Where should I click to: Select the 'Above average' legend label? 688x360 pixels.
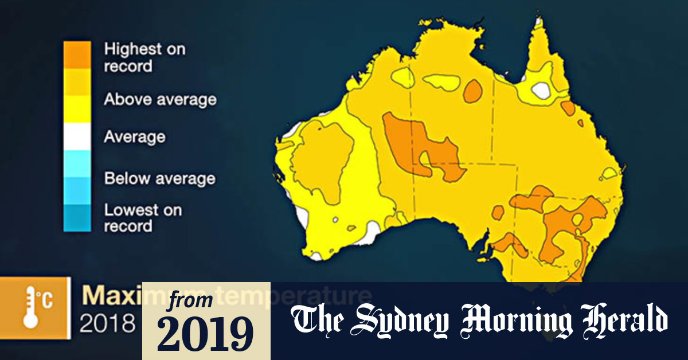click(x=160, y=99)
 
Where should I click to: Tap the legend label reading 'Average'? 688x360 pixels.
click(x=134, y=137)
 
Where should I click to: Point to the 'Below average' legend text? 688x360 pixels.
click(x=159, y=178)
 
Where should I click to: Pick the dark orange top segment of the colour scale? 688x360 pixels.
click(x=77, y=55)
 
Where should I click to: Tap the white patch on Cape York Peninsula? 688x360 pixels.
click(x=541, y=89)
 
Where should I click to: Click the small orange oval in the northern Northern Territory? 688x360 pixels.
click(x=473, y=91)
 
